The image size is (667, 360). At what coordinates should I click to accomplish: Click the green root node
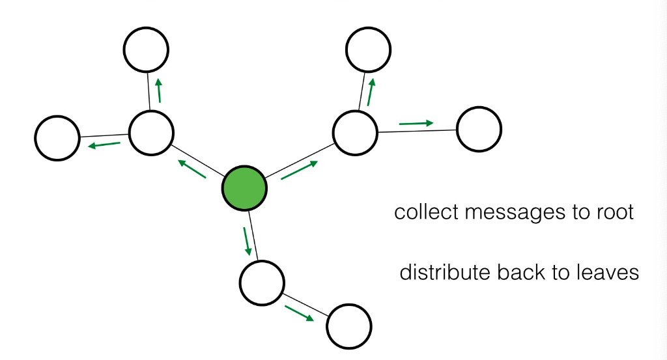[x=245, y=188]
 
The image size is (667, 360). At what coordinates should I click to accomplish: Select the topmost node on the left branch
[x=147, y=50]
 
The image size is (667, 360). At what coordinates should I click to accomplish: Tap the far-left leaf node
[x=57, y=137]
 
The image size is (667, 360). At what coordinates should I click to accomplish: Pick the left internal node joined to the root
[x=151, y=133]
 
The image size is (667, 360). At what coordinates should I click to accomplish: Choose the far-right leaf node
[x=479, y=130]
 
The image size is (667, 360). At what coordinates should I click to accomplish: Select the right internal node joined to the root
[x=355, y=133]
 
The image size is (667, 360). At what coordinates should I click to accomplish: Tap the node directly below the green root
[x=262, y=282]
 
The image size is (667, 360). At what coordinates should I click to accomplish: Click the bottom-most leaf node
[x=349, y=327]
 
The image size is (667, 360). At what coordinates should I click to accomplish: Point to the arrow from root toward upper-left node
[x=192, y=169]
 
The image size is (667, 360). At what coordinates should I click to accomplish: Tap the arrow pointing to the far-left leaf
[x=104, y=145]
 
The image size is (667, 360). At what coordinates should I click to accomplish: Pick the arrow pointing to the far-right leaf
[x=416, y=122]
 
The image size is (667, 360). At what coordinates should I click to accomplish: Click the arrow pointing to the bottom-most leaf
[x=298, y=312]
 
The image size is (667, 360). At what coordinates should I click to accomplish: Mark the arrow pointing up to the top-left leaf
[x=158, y=90]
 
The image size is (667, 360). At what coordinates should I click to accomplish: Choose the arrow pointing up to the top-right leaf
[x=371, y=92]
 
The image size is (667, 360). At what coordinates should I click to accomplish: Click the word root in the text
[x=612, y=212]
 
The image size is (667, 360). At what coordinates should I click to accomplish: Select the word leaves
[x=605, y=272]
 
